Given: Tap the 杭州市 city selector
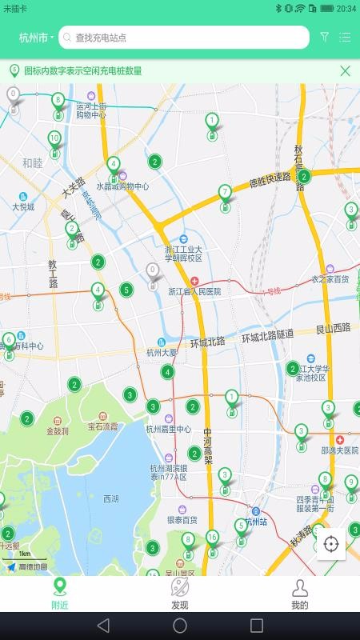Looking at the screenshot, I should [36, 38].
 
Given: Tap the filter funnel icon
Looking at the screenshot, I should [324, 37].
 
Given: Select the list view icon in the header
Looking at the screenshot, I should [345, 37].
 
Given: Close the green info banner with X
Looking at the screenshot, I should [345, 70].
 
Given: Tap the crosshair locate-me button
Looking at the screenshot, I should [331, 545].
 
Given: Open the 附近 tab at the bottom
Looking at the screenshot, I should [60, 594].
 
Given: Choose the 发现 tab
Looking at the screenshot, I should [180, 594].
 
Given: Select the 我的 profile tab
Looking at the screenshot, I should [300, 594].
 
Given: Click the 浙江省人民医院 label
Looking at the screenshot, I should [194, 292].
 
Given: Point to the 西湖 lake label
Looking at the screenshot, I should [111, 498].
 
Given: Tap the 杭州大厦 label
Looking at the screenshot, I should [161, 352].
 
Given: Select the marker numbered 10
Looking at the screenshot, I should [54, 139].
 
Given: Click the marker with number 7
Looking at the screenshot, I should [225, 194].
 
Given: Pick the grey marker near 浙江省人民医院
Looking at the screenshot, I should [153, 273].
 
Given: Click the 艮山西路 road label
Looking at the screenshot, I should [333, 328].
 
